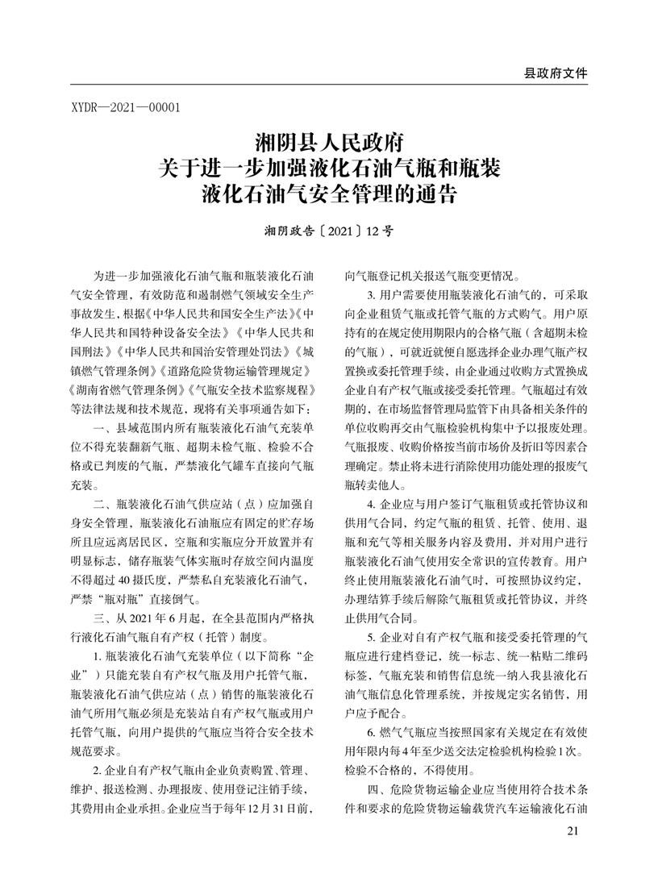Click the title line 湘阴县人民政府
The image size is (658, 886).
[x=328, y=145]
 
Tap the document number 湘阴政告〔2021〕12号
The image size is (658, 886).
[x=328, y=231]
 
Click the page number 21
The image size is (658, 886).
[x=573, y=831]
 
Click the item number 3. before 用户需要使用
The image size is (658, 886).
[x=373, y=294]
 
